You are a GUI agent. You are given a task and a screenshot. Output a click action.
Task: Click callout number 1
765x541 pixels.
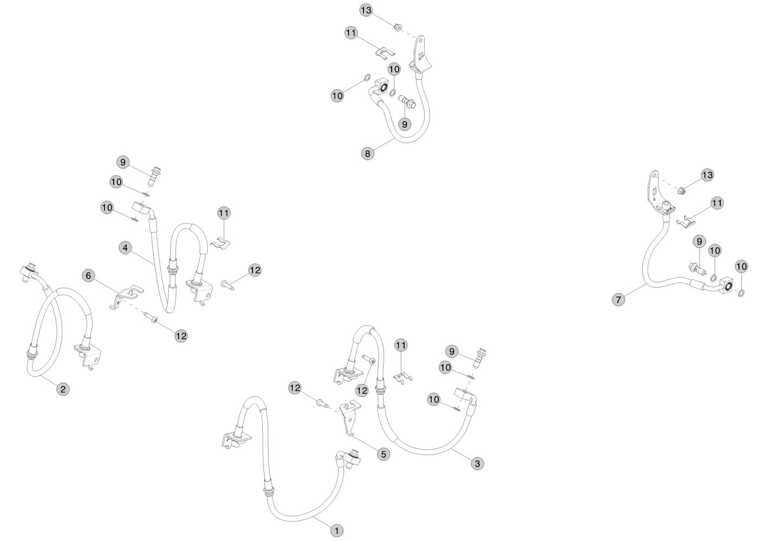(337, 530)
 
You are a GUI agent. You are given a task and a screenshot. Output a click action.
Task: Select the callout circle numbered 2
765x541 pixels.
(63, 389)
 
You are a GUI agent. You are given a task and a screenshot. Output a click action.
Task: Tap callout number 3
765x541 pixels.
(477, 464)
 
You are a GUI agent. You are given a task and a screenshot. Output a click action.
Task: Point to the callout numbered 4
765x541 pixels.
(126, 248)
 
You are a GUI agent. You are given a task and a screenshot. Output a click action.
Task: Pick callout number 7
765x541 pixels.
(618, 300)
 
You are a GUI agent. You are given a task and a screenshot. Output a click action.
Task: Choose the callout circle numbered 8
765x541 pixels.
(367, 153)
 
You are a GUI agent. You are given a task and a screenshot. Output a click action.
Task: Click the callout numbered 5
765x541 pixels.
(384, 454)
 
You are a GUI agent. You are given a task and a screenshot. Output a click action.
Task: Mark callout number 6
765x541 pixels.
(88, 275)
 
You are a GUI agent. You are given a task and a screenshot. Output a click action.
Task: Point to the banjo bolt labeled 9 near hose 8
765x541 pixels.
(407, 101)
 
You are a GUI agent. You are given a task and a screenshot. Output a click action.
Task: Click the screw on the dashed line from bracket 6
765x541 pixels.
(151, 318)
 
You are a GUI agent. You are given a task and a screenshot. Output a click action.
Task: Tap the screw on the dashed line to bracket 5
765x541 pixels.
(322, 403)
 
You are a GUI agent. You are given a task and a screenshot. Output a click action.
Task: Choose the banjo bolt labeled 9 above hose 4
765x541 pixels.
(155, 175)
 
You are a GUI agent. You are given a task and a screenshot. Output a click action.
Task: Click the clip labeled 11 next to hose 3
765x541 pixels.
(403, 377)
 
